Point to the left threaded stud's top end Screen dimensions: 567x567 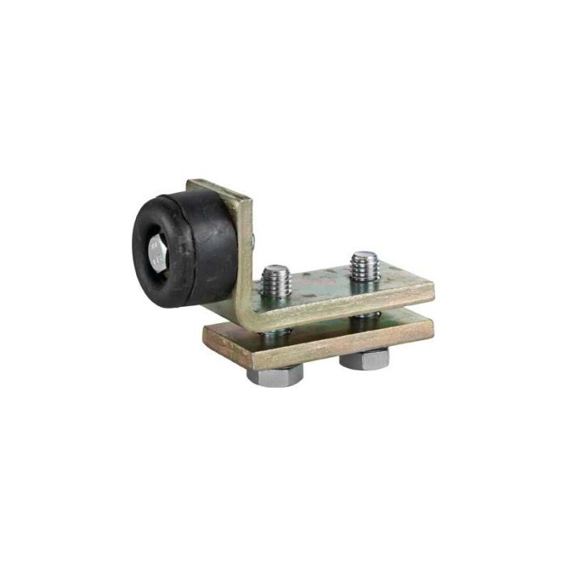275,270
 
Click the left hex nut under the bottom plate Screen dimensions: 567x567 282,375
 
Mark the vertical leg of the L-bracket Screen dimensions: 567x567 241,243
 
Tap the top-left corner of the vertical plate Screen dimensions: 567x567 192,183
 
